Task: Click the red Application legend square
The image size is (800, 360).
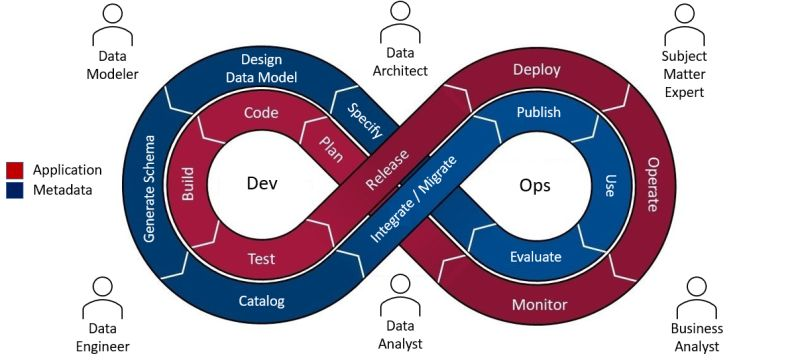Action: click(x=15, y=169)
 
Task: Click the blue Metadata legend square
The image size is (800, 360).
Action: click(x=15, y=188)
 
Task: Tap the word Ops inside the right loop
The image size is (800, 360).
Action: click(x=535, y=185)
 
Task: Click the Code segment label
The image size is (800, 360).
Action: click(x=261, y=113)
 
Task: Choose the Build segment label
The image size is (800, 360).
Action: click(x=188, y=183)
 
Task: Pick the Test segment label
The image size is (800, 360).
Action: click(x=261, y=259)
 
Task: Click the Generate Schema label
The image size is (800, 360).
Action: click(x=151, y=189)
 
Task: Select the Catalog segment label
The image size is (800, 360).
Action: click(x=262, y=300)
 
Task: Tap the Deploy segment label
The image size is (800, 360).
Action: click(x=537, y=70)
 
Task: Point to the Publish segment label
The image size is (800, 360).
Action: click(x=538, y=113)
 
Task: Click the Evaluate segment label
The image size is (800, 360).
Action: click(x=536, y=257)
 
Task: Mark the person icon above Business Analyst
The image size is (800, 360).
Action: click(x=696, y=292)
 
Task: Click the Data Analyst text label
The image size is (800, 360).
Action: click(x=400, y=335)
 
